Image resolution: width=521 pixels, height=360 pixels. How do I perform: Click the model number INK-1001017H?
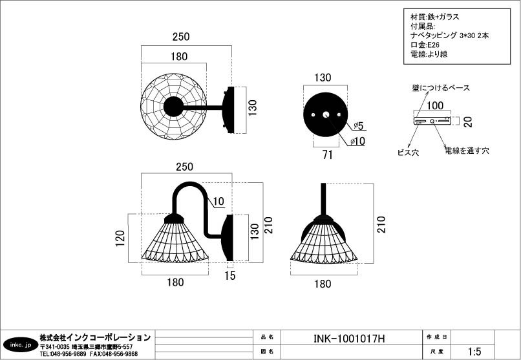point(349,337)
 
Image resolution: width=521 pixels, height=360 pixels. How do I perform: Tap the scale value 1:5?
point(474,352)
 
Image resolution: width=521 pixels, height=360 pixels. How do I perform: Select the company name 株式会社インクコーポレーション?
point(95,337)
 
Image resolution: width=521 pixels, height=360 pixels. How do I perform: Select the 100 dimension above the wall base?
point(435,105)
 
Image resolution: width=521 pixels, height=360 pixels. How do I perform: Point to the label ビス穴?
point(407,153)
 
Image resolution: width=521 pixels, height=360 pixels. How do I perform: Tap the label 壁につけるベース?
point(441,88)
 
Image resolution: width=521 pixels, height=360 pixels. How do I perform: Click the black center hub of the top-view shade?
point(173,107)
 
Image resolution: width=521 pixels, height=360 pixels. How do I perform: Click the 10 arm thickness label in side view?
point(218,202)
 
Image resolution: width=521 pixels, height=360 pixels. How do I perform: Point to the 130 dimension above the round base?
point(323,78)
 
